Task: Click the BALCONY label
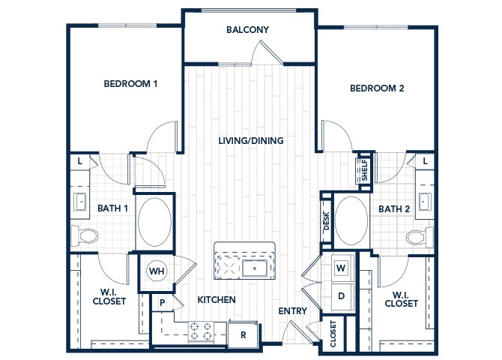pyautogui.click(x=247, y=30)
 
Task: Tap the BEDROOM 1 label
pyautogui.click(x=130, y=84)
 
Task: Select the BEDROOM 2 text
pyautogui.click(x=377, y=88)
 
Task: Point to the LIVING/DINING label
pyautogui.click(x=251, y=141)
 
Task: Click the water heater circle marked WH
pyautogui.click(x=157, y=271)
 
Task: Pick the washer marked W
pyautogui.click(x=341, y=268)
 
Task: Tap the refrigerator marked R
pyautogui.click(x=243, y=334)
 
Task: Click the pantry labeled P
pyautogui.click(x=163, y=302)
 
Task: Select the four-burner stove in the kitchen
pyautogui.click(x=201, y=331)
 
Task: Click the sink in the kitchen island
pyautogui.click(x=255, y=268)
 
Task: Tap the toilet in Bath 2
pyautogui.click(x=420, y=236)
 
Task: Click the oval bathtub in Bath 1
pyautogui.click(x=154, y=222)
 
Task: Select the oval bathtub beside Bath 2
pyautogui.click(x=351, y=220)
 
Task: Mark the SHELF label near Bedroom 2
pyautogui.click(x=365, y=170)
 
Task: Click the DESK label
pyautogui.click(x=327, y=220)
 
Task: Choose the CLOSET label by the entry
pyautogui.click(x=333, y=334)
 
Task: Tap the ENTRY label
pyautogui.click(x=293, y=311)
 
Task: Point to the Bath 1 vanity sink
pyautogui.click(x=79, y=202)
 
